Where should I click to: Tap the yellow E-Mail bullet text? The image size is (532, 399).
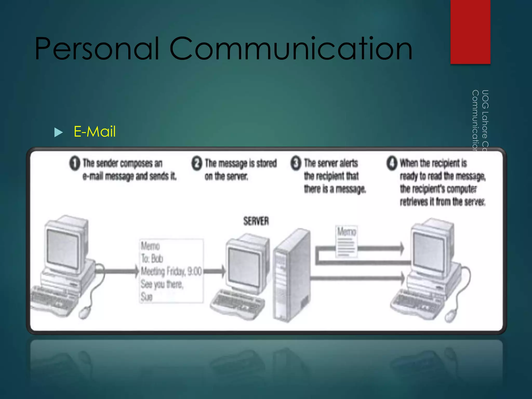[x=95, y=131]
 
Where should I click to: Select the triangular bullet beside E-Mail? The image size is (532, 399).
[x=58, y=132]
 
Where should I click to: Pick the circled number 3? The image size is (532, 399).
[x=296, y=163]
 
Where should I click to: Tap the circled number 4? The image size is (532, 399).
[x=392, y=163]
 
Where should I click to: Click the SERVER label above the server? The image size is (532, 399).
[x=256, y=221]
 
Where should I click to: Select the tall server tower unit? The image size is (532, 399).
[x=291, y=275]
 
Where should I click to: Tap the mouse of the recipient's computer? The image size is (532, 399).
[x=451, y=315]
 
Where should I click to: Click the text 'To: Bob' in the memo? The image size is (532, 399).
[x=152, y=259]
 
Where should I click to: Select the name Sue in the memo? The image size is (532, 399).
[x=147, y=297]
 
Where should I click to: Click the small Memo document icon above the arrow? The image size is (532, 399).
[x=346, y=242]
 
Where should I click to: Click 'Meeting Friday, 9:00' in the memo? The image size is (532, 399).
[x=171, y=271]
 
